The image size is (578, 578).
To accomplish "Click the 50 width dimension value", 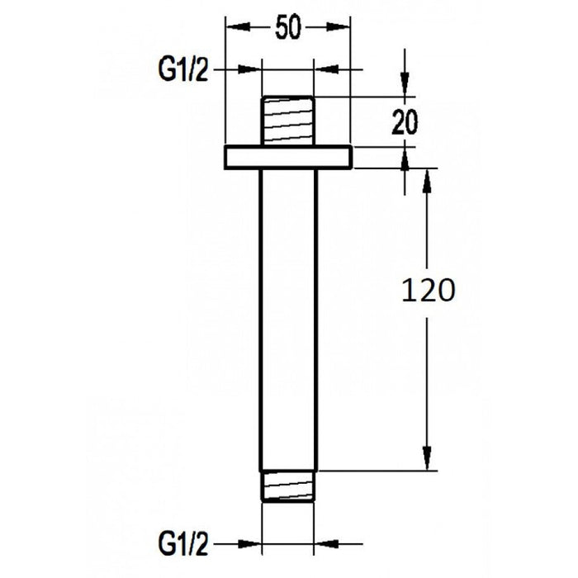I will tap(287, 29).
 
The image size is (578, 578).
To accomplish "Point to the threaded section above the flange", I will tap(289, 121).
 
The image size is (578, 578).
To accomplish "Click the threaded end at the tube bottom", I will tap(289, 484).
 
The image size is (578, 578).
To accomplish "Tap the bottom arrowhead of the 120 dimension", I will tap(427, 459).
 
